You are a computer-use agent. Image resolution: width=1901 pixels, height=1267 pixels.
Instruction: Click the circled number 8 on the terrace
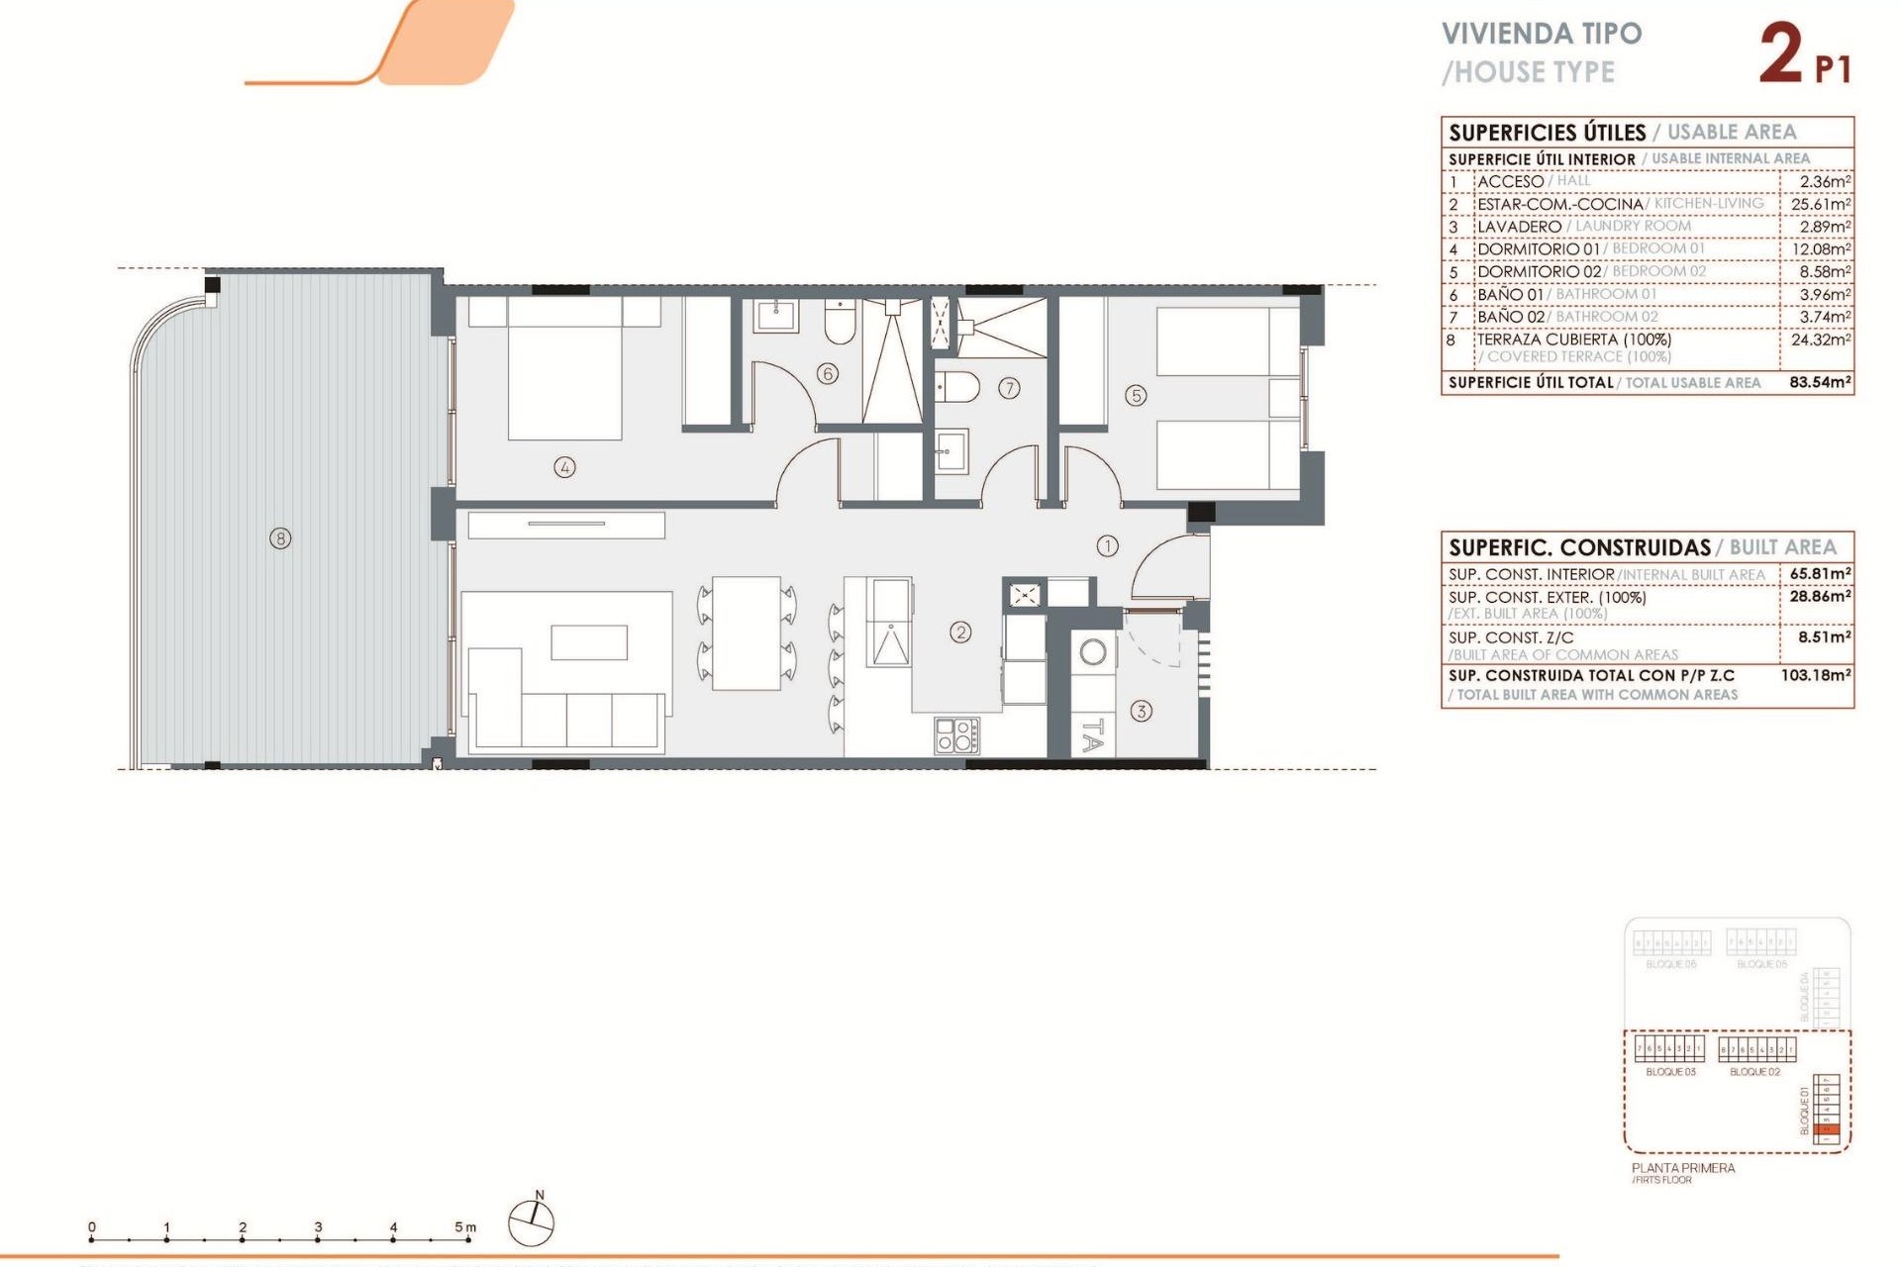coord(281,538)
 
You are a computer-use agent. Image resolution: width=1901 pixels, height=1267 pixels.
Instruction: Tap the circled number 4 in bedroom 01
coord(564,467)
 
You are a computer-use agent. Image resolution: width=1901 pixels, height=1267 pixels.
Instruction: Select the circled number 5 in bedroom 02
coord(1136,395)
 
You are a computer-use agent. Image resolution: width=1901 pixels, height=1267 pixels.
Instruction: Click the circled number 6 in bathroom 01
coord(828,373)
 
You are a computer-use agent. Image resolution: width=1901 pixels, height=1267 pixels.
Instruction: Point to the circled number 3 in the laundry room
coord(1141,711)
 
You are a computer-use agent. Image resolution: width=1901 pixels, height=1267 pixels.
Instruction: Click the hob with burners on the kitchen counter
coord(957,735)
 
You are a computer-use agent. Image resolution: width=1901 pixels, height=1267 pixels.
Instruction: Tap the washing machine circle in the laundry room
coord(1093,652)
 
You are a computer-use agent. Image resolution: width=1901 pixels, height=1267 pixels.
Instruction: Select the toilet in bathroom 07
coord(956,387)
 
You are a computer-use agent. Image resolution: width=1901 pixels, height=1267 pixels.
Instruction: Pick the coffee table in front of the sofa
coord(589,642)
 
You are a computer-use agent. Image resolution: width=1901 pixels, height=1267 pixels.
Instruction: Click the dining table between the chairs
coord(747,633)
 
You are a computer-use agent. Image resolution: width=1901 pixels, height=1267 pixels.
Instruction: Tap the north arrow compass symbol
coord(532,1221)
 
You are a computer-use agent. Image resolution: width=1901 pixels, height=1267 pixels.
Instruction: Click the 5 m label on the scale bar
coord(464,1227)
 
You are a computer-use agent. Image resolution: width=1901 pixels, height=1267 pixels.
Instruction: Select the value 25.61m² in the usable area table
coord(1820,204)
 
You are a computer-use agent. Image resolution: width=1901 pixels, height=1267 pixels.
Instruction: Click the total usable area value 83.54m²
coord(1820,382)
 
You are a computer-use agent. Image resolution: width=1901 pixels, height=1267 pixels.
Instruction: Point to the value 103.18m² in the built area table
coord(1816,675)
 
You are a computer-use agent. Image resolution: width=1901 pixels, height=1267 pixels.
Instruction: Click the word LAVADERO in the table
coord(1519,227)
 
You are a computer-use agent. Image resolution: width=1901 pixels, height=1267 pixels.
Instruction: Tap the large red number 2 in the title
coord(1780,54)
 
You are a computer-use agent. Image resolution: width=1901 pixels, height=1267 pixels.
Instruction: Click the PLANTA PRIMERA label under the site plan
coord(1683,1168)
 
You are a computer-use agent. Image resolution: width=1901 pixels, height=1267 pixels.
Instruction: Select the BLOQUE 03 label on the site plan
coord(1670,1072)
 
